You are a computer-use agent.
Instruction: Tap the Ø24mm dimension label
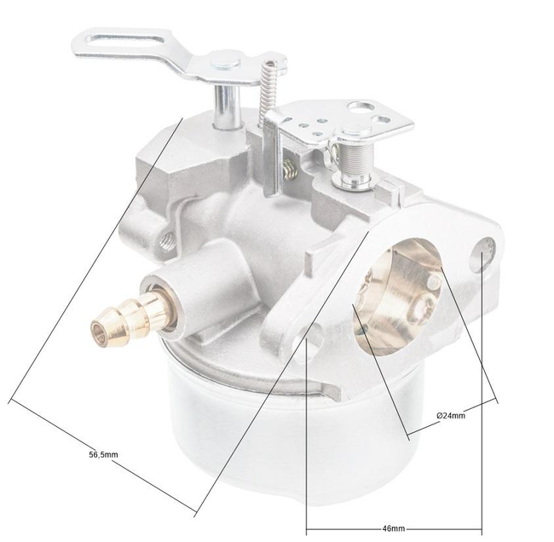tap(450, 415)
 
